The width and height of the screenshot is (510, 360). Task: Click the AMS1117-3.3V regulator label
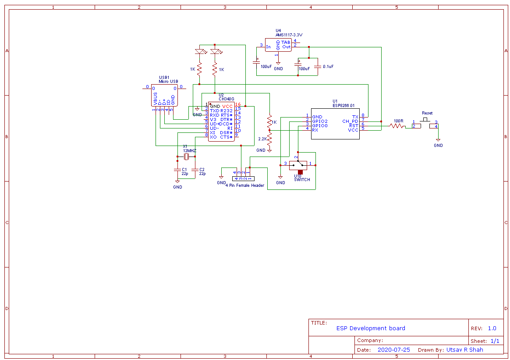289,35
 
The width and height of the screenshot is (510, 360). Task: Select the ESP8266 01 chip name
344,105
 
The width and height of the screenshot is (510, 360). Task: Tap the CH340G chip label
226,99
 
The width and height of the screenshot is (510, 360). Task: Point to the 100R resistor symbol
397,126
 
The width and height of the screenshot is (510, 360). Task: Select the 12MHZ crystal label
190,150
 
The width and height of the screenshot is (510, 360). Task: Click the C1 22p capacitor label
184,171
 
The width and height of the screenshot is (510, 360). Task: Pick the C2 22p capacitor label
202,171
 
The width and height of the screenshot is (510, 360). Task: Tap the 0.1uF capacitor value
328,67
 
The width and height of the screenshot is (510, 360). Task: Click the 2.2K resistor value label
262,139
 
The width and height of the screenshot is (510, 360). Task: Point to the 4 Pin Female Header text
245,185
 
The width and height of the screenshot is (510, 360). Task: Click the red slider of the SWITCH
301,172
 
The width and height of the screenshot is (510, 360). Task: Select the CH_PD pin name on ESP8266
350,121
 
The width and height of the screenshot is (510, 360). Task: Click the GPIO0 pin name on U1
319,125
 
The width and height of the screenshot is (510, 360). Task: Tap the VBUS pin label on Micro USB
155,99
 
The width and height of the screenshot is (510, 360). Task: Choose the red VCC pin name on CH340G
227,106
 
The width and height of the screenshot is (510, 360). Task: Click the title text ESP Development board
371,328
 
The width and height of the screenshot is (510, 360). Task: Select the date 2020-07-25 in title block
393,350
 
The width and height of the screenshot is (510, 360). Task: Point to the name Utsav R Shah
464,350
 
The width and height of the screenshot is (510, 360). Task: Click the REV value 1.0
492,328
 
